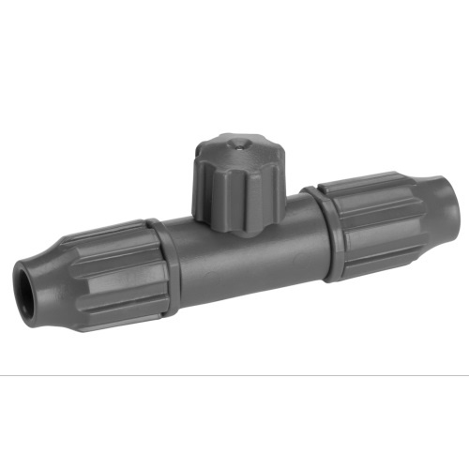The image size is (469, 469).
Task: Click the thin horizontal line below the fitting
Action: (234, 375)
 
